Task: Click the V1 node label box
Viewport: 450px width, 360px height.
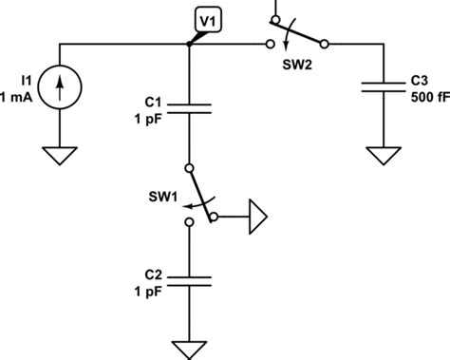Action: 206,19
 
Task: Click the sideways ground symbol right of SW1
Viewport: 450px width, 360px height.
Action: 258,218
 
